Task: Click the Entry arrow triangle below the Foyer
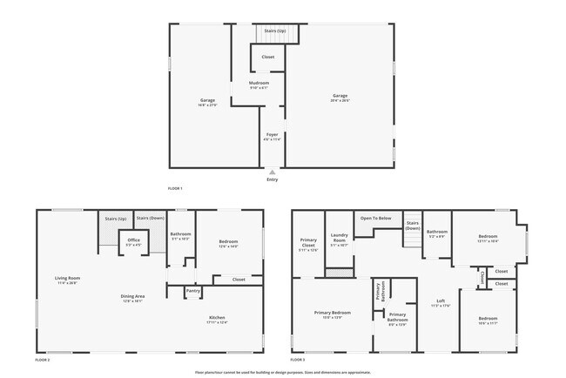tap(273, 172)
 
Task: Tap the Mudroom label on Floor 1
tap(259, 83)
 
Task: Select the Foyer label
tap(272, 135)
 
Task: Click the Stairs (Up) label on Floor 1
tap(274, 30)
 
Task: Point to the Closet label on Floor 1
tap(267, 57)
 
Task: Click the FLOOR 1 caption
tap(175, 188)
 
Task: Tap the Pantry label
tap(192, 290)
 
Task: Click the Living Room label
tap(67, 279)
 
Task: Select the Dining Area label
tap(132, 296)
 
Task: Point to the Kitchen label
tap(217, 317)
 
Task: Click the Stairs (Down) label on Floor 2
tap(150, 218)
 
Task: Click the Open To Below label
tap(375, 218)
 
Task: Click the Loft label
tap(440, 301)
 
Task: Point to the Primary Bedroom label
tap(333, 312)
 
